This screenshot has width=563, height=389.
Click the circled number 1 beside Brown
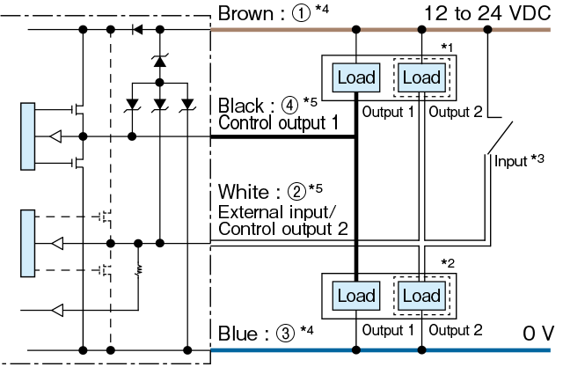point(301,14)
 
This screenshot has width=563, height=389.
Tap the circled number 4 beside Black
point(289,105)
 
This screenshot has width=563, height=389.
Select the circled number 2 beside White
point(297,192)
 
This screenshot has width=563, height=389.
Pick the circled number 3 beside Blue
point(285,333)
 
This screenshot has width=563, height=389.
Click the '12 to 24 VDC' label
point(487,14)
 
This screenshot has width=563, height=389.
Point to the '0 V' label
point(537,334)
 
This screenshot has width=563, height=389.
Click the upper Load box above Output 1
point(356,77)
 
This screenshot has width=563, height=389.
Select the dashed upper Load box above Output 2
point(422,77)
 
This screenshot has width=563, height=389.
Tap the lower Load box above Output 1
point(356,296)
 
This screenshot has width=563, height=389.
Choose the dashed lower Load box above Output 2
point(422,296)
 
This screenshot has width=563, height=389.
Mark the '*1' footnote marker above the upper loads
point(448,48)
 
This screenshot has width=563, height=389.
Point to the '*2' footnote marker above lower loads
point(448,264)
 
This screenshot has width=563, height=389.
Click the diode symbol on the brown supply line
point(137,29)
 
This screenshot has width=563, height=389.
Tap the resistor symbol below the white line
point(139,270)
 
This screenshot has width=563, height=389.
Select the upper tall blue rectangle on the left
point(27,136)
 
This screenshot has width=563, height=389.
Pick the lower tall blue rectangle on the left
point(27,243)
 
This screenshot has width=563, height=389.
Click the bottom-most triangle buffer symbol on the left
point(57,310)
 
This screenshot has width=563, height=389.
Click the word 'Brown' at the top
point(246,14)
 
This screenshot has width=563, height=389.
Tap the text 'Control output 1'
point(278,123)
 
